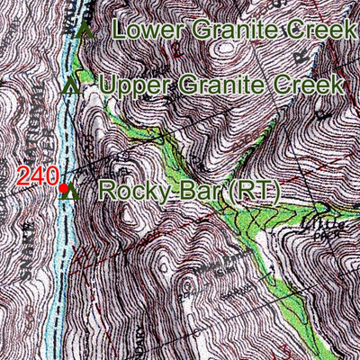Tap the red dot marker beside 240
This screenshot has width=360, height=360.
(x=63, y=188)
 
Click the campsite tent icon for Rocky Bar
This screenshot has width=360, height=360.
(x=75, y=191)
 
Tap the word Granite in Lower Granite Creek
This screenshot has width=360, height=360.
(x=231, y=30)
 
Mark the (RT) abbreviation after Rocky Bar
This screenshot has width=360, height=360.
(x=253, y=192)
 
